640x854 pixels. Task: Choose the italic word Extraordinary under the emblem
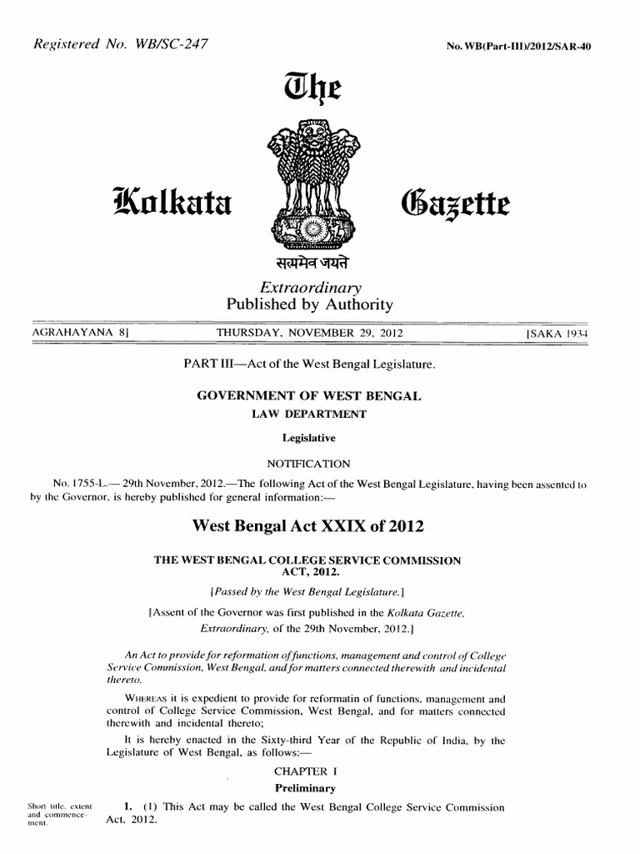pyautogui.click(x=309, y=287)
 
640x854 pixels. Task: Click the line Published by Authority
pyautogui.click(x=309, y=304)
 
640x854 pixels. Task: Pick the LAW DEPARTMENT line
pyautogui.click(x=309, y=414)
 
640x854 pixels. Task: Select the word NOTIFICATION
pyautogui.click(x=308, y=464)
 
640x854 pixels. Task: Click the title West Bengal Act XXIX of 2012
pyautogui.click(x=308, y=525)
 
